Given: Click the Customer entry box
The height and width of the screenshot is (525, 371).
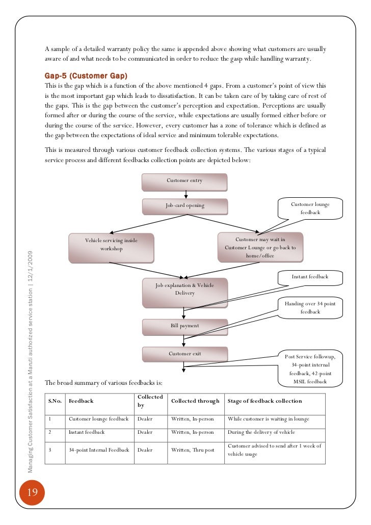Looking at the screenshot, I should (184, 181).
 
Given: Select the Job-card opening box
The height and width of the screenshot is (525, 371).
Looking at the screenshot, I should (184, 206).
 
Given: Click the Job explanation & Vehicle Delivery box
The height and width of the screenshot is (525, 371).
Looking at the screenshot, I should (184, 291).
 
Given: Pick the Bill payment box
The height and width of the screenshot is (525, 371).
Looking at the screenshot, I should (184, 326).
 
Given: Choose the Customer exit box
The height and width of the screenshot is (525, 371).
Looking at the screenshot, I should (184, 354).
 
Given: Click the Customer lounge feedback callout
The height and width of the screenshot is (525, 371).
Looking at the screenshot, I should (310, 208).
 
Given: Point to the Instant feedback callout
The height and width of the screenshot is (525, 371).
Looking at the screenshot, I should (310, 277).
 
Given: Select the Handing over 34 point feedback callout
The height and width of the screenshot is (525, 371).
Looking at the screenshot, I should (310, 307).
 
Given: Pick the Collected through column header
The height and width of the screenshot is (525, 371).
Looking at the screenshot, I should (195, 401).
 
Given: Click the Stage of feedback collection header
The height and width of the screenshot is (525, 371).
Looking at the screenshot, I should (264, 401).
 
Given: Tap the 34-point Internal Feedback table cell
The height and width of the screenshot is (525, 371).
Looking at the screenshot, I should (99, 450).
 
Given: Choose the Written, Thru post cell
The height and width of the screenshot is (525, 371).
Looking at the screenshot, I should (192, 450).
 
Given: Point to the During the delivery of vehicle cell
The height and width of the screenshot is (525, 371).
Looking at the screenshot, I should (261, 432).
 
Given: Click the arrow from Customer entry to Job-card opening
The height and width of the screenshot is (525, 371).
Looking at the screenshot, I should (185, 194).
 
